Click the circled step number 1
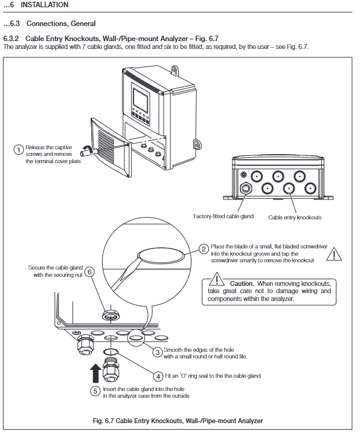click(x=18, y=150)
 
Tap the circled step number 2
click(x=204, y=249)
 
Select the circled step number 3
click(x=157, y=352)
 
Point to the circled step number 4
click(x=158, y=377)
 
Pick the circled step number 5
click(x=95, y=391)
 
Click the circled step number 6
click(x=89, y=272)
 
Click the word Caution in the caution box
click(x=242, y=283)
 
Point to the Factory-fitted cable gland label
click(x=223, y=216)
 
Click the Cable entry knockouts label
click(x=295, y=218)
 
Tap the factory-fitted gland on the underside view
click(x=245, y=189)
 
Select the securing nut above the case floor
click(x=111, y=316)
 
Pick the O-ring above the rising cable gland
click(x=111, y=351)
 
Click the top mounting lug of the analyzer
click(x=175, y=70)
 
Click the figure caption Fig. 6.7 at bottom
click(x=178, y=421)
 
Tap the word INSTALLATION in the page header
click(x=45, y=5)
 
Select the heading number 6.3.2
click(x=11, y=39)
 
